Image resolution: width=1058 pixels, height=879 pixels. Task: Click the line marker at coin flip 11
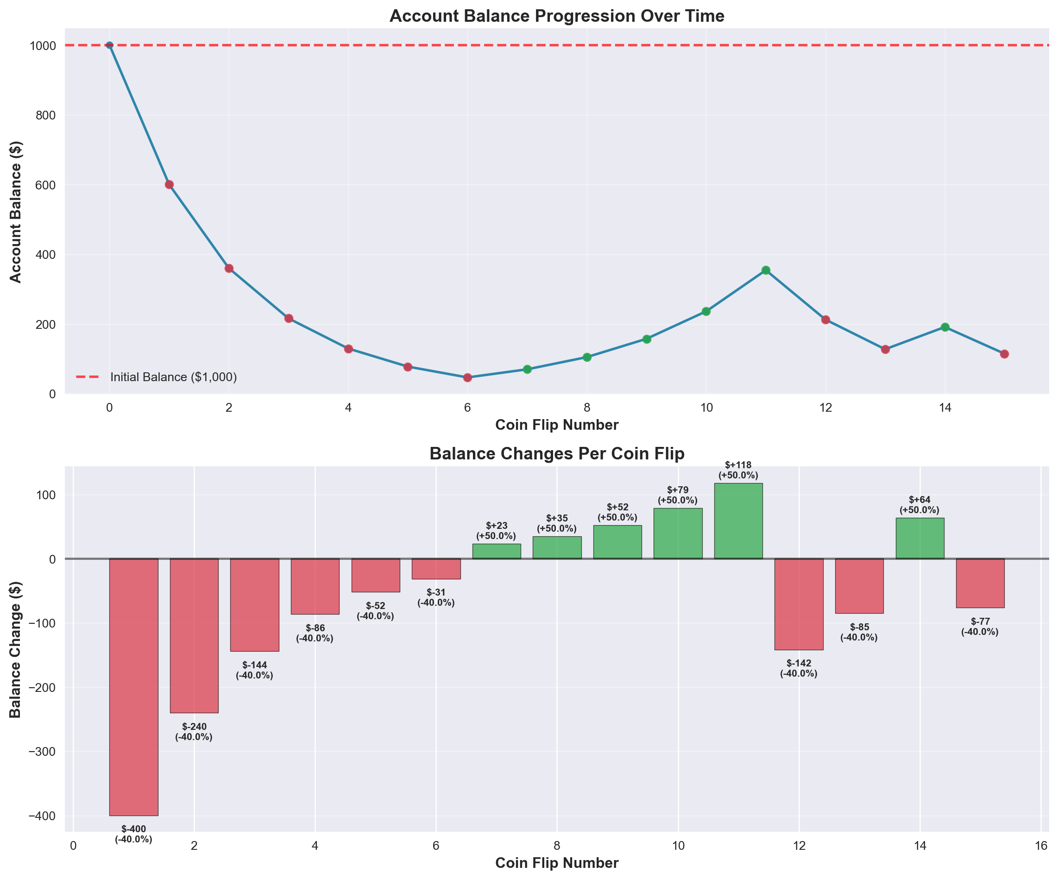pos(766,270)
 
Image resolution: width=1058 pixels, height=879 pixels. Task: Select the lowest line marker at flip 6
pos(467,377)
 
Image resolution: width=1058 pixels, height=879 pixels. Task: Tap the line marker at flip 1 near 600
pos(169,184)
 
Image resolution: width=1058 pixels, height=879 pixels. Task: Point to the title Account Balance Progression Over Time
pos(557,16)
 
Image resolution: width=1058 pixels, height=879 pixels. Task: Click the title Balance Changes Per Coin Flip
pos(557,454)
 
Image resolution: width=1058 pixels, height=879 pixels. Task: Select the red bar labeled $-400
pos(133,687)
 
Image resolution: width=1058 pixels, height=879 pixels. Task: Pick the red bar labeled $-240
pos(194,636)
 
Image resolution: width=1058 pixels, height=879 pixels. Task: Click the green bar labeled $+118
pos(738,521)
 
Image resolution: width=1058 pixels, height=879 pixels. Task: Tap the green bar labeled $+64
pos(920,538)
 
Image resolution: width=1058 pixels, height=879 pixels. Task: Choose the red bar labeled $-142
pos(799,604)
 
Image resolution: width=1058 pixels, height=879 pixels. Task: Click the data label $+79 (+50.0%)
pos(678,495)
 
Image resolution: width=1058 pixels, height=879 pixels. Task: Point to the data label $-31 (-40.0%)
pos(436,597)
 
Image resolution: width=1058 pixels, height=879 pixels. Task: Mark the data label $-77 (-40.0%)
pos(980,627)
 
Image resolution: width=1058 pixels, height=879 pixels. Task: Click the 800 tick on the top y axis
pos(46,115)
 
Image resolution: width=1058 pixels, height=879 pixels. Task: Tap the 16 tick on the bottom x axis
pos(1041,846)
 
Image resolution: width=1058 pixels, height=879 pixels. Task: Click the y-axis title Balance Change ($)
pos(16,649)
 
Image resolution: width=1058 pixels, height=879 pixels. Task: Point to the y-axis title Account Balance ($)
pos(16,212)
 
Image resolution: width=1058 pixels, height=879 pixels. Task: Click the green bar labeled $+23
pos(496,551)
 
